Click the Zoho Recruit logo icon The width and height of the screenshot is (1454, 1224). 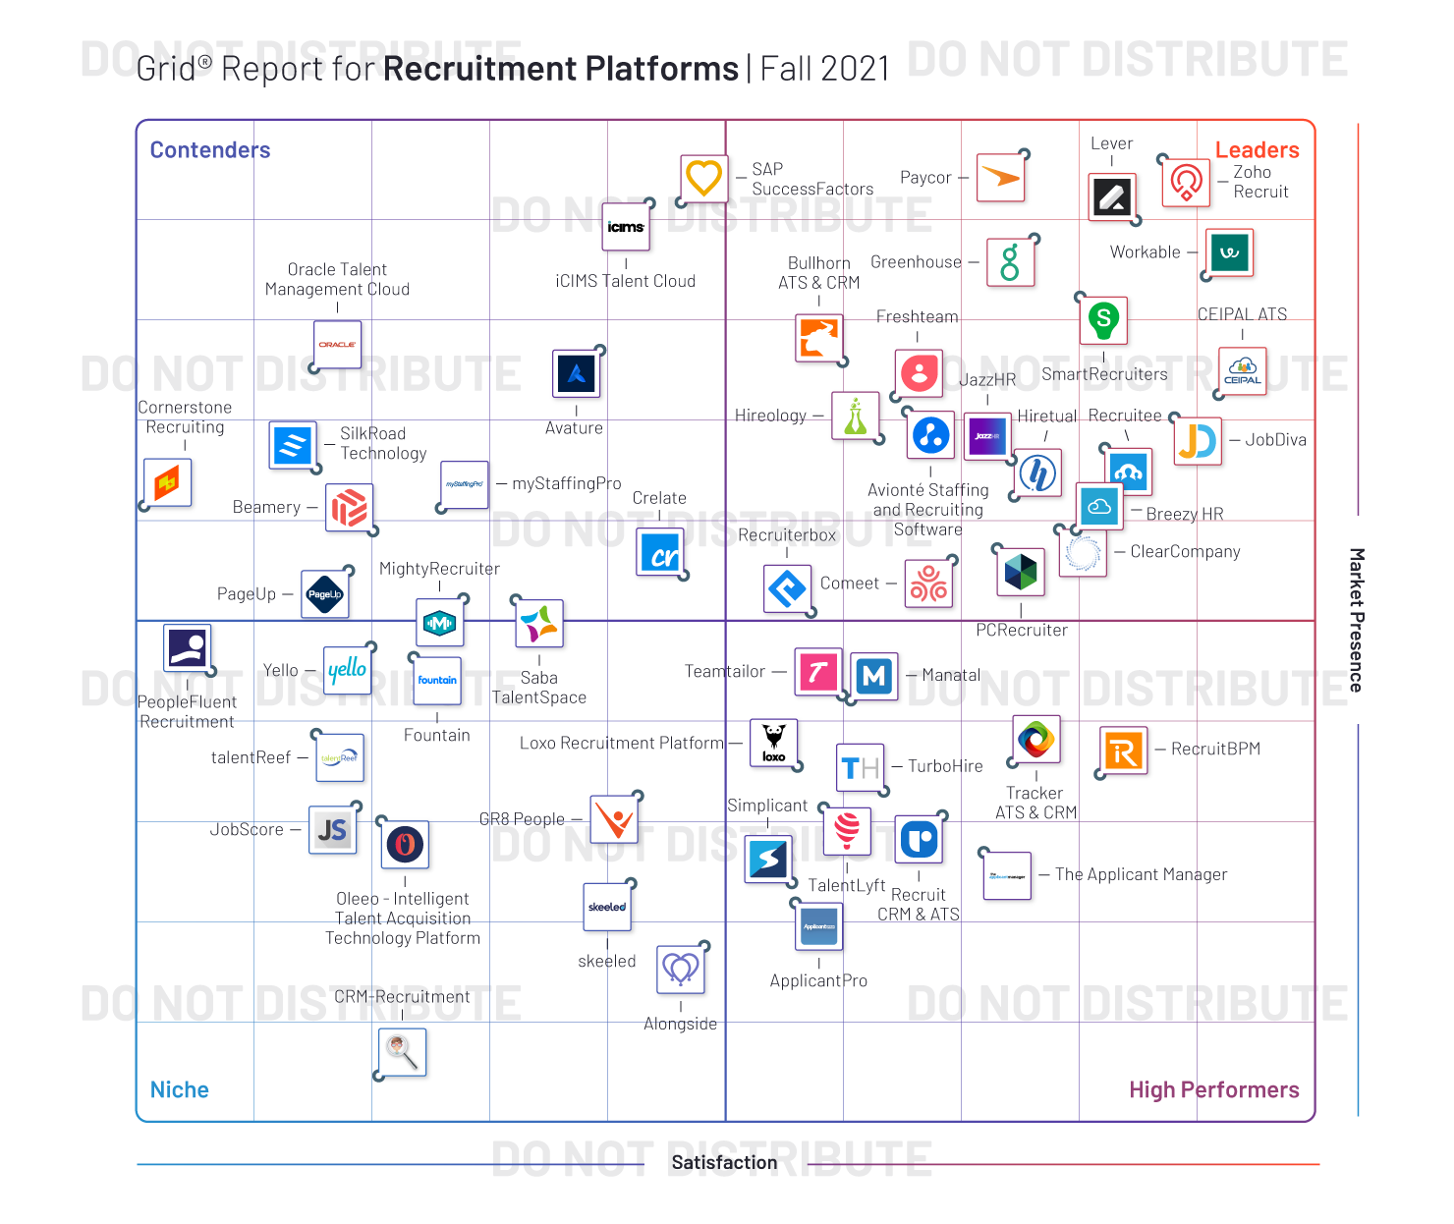[x=1186, y=183]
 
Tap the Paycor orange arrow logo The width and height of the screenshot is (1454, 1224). [x=1001, y=178]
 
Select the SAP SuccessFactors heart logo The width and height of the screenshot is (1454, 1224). [x=703, y=179]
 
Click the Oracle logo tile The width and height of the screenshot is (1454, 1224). [x=337, y=345]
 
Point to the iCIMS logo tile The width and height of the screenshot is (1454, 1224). [x=626, y=227]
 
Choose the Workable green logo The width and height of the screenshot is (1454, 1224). [x=1229, y=252]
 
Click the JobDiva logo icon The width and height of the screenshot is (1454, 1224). [x=1198, y=441]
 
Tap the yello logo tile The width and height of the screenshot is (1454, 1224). [x=347, y=670]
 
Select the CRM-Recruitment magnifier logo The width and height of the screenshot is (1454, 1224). [x=402, y=1052]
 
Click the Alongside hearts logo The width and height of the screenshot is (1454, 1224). [x=681, y=969]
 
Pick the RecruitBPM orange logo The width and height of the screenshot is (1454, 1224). [x=1123, y=751]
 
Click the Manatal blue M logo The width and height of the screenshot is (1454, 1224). [x=873, y=675]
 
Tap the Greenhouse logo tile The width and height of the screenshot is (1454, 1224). [x=1010, y=262]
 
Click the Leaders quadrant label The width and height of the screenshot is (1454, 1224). [x=1257, y=150]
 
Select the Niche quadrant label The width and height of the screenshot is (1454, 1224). [x=179, y=1089]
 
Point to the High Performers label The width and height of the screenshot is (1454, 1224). [x=1213, y=1089]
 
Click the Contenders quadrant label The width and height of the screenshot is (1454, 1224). [x=209, y=150]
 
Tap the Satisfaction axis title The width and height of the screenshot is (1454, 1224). [x=724, y=1162]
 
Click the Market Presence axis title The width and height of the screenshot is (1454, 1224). [x=1356, y=620]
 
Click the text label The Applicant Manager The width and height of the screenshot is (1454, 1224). [x=1141, y=874]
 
